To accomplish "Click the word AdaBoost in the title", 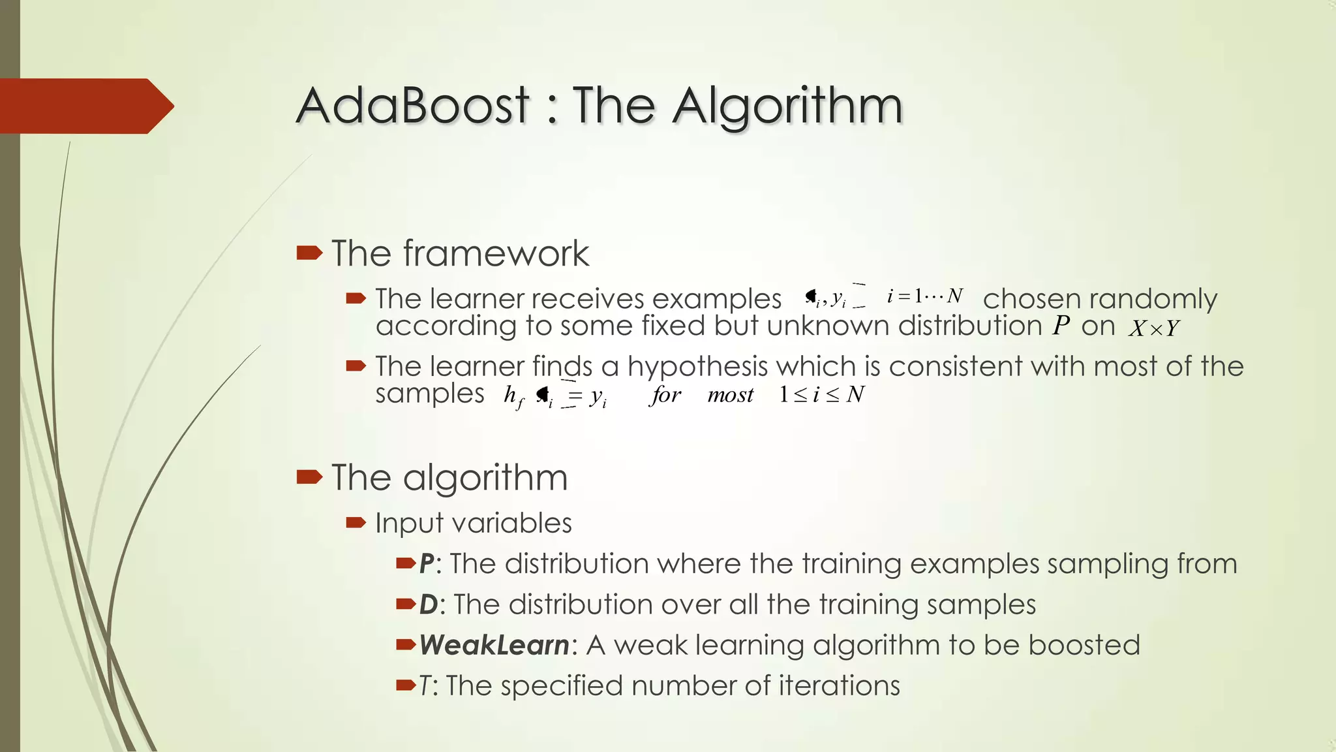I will (412, 106).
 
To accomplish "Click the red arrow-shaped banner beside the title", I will (85, 106).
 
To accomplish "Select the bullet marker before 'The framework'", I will (309, 253).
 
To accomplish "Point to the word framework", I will (496, 253).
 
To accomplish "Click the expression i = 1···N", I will (924, 296).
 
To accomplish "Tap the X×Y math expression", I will (1154, 328).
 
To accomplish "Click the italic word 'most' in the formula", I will (730, 395).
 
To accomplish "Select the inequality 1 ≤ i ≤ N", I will (822, 394).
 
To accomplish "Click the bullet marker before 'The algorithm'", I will (309, 477).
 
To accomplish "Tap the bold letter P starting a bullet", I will (427, 564).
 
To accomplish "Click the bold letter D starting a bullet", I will (428, 604).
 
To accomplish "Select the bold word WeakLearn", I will (494, 645).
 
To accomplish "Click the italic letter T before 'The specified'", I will (425, 686).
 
